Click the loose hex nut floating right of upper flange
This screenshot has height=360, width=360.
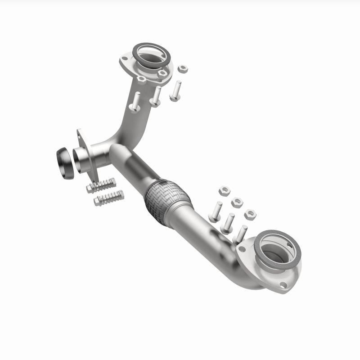point(182,69)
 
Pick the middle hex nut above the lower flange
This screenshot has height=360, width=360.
point(237,202)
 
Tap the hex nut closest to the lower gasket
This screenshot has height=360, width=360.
point(250,214)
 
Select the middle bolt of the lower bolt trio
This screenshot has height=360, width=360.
point(228,222)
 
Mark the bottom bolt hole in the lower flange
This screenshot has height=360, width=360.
point(283,285)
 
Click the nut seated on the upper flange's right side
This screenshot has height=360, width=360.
point(163,72)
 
